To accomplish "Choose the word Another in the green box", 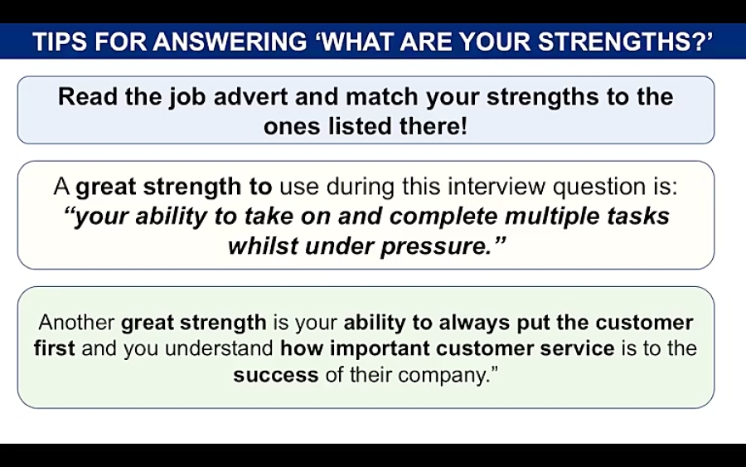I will point(76,322).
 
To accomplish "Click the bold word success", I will point(276,374).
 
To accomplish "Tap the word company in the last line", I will point(443,374).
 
